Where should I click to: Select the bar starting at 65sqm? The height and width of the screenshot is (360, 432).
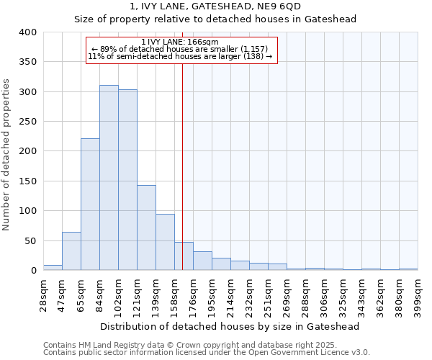tap(90, 204)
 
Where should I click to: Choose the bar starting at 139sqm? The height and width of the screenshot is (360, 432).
tap(165, 242)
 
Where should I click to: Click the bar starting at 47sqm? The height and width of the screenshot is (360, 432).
tap(71, 251)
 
